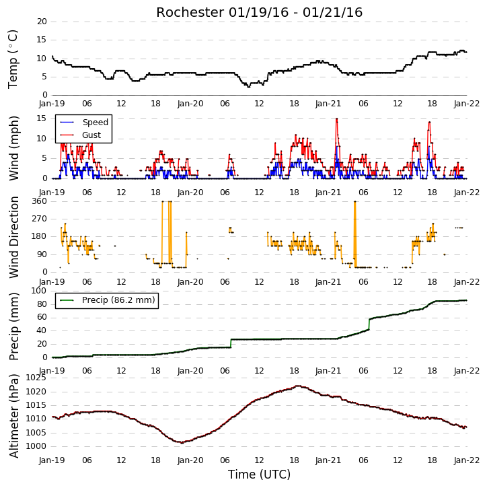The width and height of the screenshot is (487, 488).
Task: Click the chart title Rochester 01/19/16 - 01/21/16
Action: [x=259, y=12]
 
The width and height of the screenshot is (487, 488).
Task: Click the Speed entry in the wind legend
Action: [x=84, y=123]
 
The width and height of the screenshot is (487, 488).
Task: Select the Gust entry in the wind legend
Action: [x=80, y=135]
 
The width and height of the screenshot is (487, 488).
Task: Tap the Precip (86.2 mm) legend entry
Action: [x=108, y=300]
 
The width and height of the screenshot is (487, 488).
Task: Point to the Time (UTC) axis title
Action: [x=259, y=475]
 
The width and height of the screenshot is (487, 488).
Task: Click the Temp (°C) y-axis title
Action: [x=13, y=59]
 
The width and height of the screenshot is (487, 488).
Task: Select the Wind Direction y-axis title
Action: [x=13, y=237]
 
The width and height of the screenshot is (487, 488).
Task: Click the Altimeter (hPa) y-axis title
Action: [x=13, y=416]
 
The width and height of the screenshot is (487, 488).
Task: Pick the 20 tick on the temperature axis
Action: [x=42, y=22]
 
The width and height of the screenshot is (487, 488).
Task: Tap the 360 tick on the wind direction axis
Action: [x=40, y=201]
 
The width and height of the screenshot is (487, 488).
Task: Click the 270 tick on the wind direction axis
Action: [x=40, y=219]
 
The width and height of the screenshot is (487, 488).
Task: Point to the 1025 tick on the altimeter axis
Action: [x=36, y=378]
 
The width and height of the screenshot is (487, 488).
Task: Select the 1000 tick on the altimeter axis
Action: [x=36, y=446]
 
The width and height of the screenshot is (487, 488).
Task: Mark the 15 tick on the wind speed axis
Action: [x=42, y=118]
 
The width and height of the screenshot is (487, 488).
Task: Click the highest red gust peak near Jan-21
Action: [x=336, y=118]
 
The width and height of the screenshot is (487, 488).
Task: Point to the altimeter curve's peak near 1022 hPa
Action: [x=298, y=386]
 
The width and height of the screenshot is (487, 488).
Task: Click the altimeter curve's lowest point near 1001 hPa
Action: [x=182, y=442]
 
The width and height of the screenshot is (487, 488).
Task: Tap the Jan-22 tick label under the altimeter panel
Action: [x=466, y=460]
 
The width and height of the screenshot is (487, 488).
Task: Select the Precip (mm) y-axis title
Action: [x=13, y=326]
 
